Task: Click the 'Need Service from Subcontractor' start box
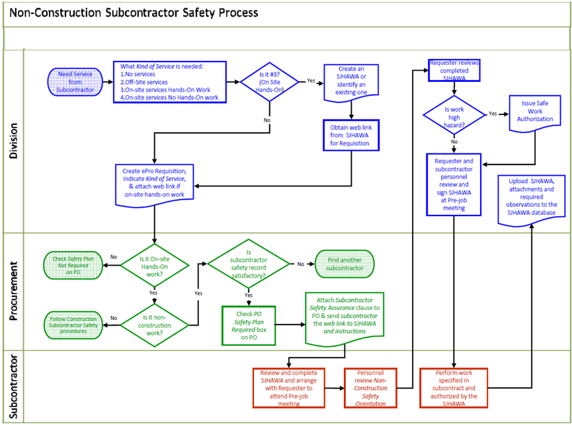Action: point(75,81)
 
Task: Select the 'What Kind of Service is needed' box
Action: point(171,82)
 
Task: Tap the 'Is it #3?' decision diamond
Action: point(269,81)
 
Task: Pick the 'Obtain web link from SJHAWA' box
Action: point(350,135)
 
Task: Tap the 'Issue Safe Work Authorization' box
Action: point(534,114)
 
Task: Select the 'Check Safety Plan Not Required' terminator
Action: point(71,264)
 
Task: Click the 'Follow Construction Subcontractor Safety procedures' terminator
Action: point(72,325)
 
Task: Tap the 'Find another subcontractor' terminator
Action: point(345,264)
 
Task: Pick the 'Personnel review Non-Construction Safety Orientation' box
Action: point(370,387)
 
